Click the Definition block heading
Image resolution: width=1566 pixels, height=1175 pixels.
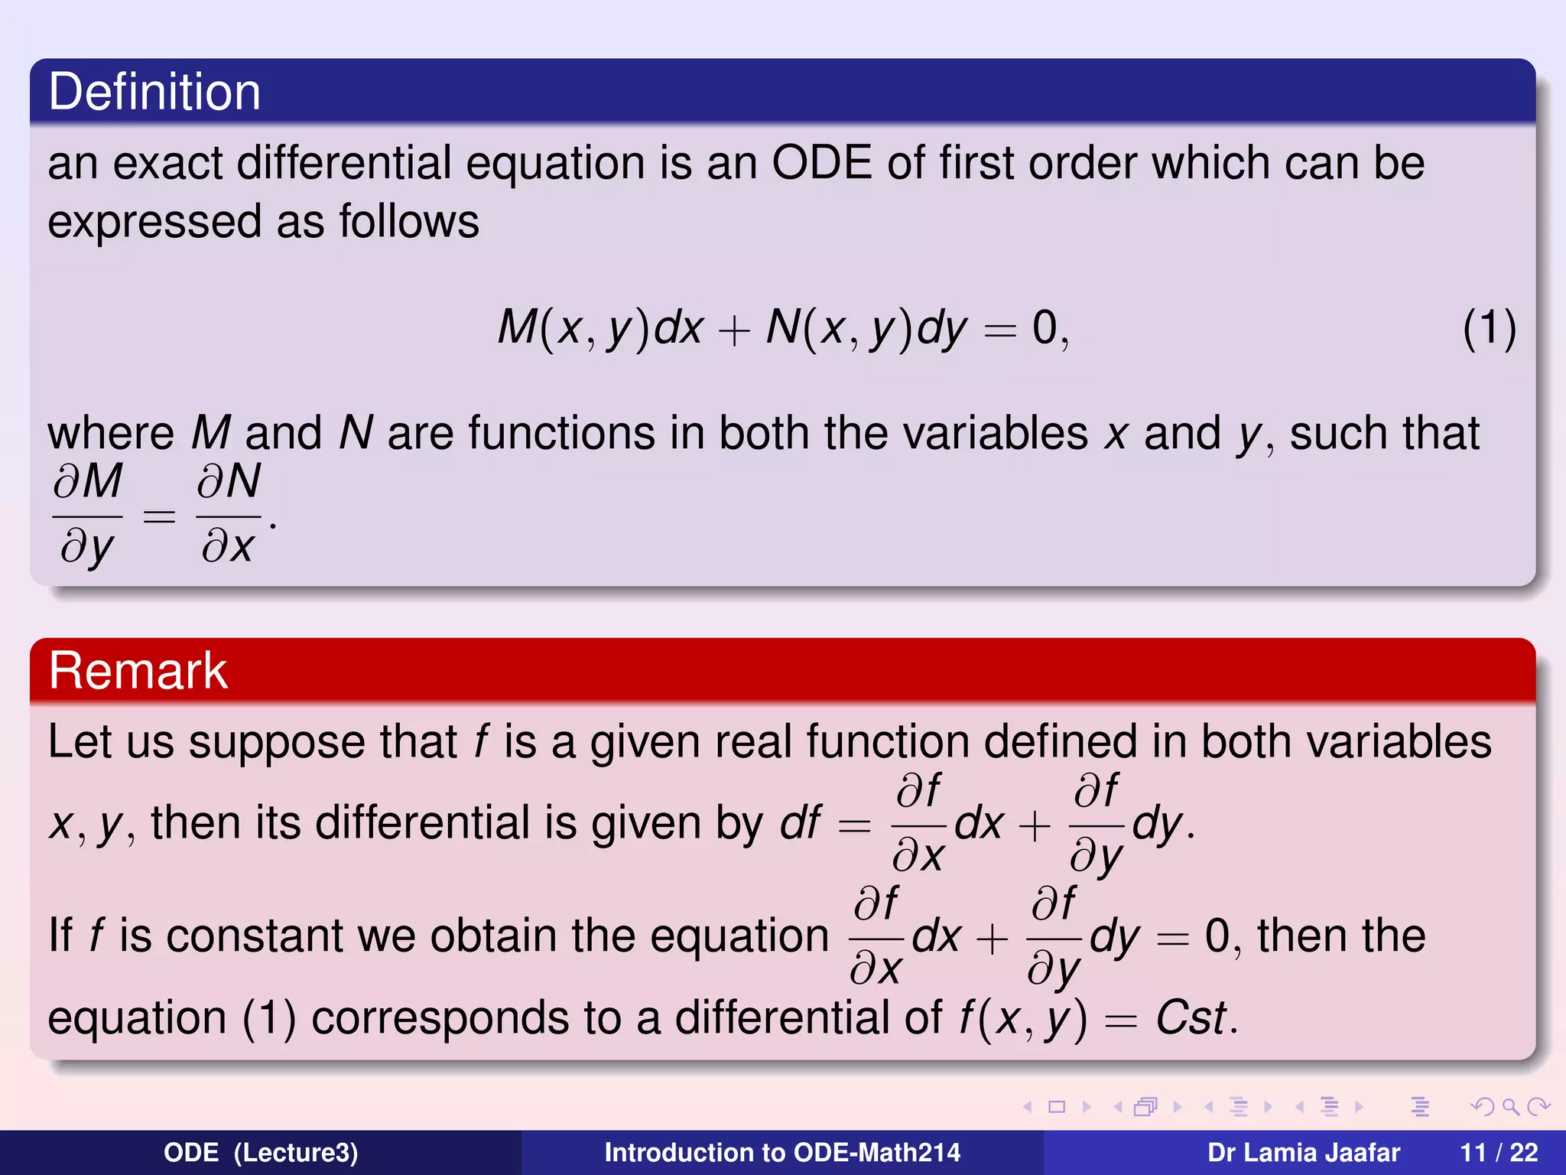[154, 92]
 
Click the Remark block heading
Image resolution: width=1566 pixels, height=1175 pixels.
[138, 671]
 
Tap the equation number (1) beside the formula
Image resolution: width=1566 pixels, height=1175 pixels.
[1489, 329]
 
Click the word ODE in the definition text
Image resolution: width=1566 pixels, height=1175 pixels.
[822, 163]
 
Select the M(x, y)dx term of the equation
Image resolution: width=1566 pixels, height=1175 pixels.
[599, 329]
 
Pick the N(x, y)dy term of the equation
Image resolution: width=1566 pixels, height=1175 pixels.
[866, 329]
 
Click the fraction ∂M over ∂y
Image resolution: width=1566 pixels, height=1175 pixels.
[87, 514]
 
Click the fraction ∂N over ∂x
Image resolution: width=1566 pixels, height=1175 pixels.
[228, 514]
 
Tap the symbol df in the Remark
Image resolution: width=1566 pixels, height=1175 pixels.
[800, 824]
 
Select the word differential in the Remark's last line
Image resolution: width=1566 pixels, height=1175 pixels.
[808, 1018]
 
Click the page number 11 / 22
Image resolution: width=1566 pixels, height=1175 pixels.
[1499, 1152]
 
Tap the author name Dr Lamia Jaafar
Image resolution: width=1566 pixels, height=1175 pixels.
[1303, 1152]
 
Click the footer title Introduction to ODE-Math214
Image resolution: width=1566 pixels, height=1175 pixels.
[782, 1152]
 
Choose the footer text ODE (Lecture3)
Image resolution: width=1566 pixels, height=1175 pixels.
[261, 1152]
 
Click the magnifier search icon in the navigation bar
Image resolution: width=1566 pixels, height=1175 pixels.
[1510, 1107]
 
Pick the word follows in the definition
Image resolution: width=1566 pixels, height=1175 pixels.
[409, 222]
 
